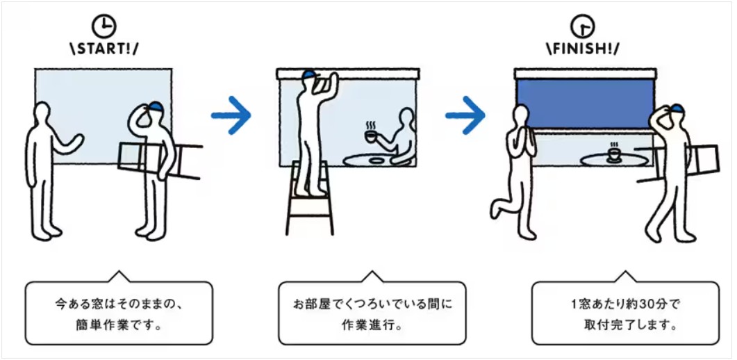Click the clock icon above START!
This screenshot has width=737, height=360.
pyautogui.click(x=104, y=27)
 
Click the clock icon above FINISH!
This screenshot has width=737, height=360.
pyautogui.click(x=582, y=26)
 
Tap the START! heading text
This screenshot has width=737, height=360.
pyautogui.click(x=104, y=49)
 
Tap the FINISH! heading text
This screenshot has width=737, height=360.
pyautogui.click(x=582, y=49)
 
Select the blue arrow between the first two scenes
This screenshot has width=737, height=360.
pyautogui.click(x=231, y=115)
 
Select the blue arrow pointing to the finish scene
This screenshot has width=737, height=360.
pyautogui.click(x=465, y=115)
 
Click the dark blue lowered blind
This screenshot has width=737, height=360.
pyautogui.click(x=585, y=104)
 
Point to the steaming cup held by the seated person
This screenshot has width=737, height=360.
pyautogui.click(x=372, y=136)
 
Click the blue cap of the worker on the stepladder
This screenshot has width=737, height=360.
pyautogui.click(x=309, y=75)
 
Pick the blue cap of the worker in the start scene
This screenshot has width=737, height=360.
pyautogui.click(x=156, y=108)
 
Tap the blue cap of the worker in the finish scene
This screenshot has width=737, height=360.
pyautogui.click(x=677, y=110)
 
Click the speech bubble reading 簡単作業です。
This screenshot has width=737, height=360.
pyautogui.click(x=119, y=313)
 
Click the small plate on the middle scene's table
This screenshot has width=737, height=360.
pyautogui.click(x=376, y=161)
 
